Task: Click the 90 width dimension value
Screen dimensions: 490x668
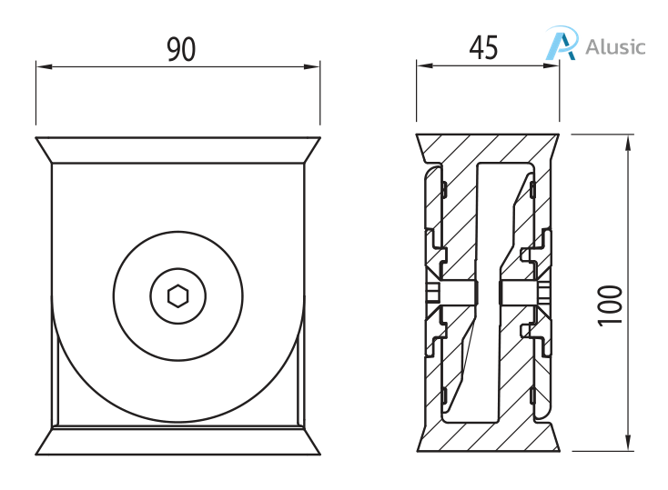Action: click(x=181, y=49)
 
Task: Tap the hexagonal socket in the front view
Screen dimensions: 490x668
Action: click(x=178, y=295)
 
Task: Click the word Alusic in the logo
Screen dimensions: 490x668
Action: click(x=616, y=46)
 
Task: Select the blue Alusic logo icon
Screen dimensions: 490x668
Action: click(x=561, y=44)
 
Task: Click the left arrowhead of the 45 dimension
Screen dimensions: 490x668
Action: click(x=422, y=64)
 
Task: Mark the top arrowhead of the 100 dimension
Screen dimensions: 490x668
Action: click(x=629, y=138)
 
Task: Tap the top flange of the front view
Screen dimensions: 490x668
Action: click(x=177, y=150)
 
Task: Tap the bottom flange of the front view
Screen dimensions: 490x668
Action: click(x=177, y=441)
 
